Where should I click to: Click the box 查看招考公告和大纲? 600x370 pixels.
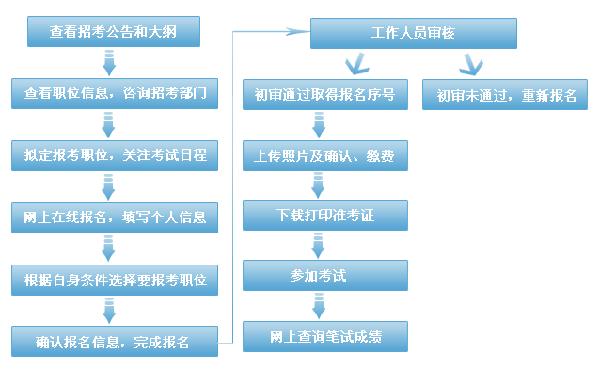coord(113,33)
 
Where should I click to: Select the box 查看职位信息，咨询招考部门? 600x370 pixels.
coord(113,94)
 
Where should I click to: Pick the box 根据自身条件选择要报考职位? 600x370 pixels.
coord(113,280)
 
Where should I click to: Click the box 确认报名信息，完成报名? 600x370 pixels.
coord(113,341)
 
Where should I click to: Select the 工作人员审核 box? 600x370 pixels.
coord(413,33)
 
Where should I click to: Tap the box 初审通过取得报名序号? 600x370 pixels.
coord(324,95)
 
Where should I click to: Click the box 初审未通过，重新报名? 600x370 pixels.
coord(505,95)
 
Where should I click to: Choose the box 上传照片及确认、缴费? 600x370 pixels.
coord(324,155)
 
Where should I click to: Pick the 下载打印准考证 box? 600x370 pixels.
coord(324,215)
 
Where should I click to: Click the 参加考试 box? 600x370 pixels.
coord(324,275)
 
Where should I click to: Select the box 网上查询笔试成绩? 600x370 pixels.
coord(324,336)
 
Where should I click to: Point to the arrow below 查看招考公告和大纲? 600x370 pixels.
coord(109,63)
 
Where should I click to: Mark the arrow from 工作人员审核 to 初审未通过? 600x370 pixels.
coord(470,64)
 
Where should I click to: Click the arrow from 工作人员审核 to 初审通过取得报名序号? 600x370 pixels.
coord(358,64)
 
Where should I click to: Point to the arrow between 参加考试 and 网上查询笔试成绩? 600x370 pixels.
coord(320,305)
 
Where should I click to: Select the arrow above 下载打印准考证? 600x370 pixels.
coord(320,185)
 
